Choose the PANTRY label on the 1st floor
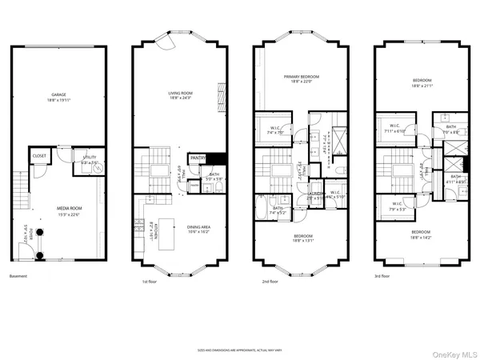click(x=199, y=158)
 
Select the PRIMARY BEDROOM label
click(x=302, y=78)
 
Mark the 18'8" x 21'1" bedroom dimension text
click(x=422, y=86)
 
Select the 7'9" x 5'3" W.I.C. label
click(x=397, y=208)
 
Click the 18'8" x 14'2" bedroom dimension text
click(x=422, y=238)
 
